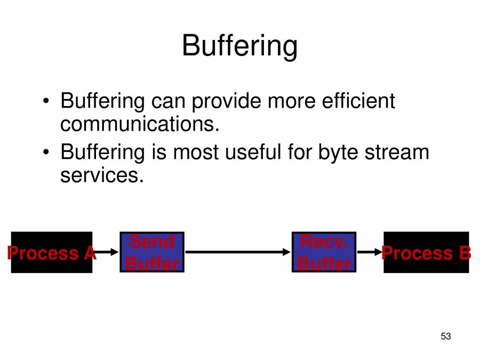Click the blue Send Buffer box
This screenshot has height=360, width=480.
pos(152,252)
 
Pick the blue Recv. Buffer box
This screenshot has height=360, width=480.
pos(324,252)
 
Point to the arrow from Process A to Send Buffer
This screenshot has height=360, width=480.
pos(107,252)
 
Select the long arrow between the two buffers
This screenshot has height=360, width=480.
pos(238,252)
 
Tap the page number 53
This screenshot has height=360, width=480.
pos(446,336)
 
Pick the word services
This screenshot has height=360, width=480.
pos(102,175)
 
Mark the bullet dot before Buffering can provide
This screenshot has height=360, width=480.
pos(47,101)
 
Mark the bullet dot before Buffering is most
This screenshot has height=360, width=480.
pos(47,153)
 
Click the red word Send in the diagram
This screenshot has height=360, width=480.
pos(151,242)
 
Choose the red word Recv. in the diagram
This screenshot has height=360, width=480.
pos(324,242)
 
